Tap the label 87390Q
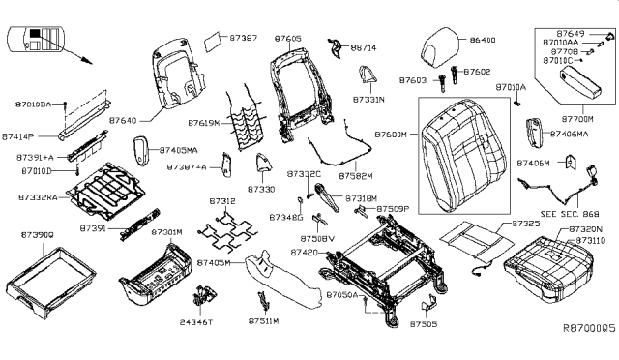(x=37, y=234)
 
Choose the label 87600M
(x=393, y=133)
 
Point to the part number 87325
(x=523, y=224)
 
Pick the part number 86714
(x=363, y=46)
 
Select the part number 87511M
(x=263, y=320)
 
